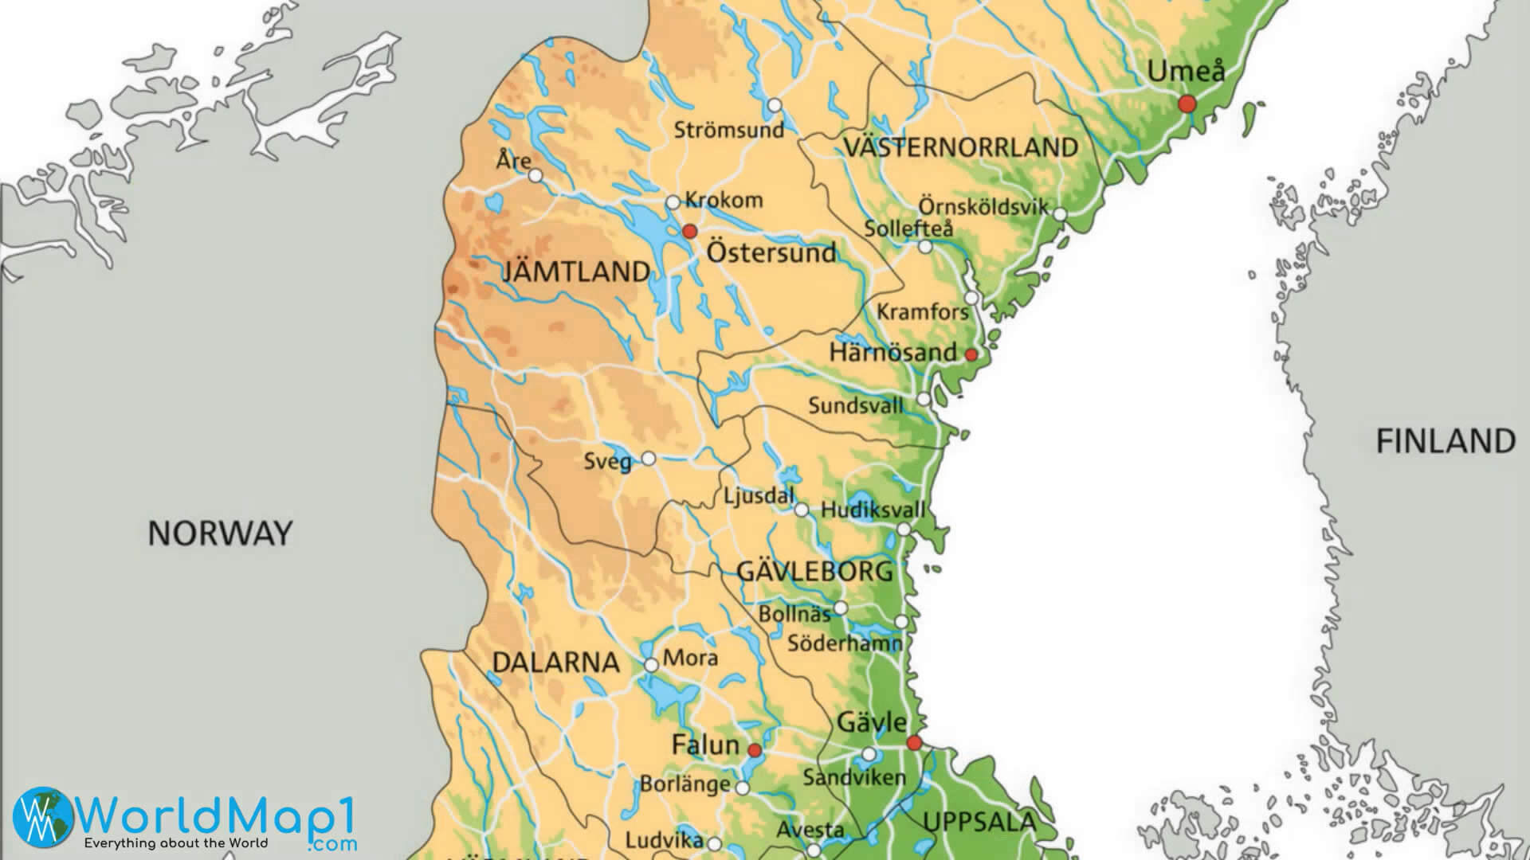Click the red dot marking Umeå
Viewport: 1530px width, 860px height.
[1187, 104]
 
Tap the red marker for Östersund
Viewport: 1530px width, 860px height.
[690, 231]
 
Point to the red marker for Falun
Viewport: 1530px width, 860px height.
[754, 750]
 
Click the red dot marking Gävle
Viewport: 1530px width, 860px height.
[914, 743]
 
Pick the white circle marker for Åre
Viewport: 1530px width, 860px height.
[535, 175]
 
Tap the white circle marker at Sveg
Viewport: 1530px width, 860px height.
[649, 459]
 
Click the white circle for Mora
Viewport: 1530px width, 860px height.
[651, 665]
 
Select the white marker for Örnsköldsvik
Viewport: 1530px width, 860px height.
[1060, 213]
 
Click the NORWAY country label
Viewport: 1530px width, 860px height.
[220, 534]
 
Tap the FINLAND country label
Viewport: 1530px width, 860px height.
[1446, 441]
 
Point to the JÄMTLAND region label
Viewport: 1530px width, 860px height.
[576, 272]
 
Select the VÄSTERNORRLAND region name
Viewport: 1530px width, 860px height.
[960, 147]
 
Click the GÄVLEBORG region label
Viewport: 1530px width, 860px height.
[814, 571]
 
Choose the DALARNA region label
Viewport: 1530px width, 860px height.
[555, 663]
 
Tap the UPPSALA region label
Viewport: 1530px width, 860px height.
[979, 822]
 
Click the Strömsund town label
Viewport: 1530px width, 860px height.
[728, 130]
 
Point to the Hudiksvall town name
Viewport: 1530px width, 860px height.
[873, 510]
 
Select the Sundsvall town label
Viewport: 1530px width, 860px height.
[856, 405]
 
